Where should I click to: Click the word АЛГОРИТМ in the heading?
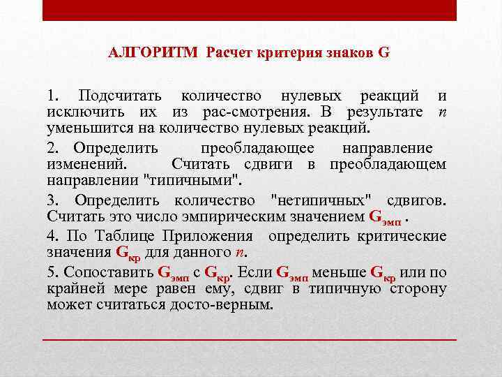(153, 52)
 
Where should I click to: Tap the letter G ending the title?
(384, 52)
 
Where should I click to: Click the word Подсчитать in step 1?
(120, 96)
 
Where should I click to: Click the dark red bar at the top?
(250, 10)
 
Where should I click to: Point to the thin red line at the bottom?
(250, 339)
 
